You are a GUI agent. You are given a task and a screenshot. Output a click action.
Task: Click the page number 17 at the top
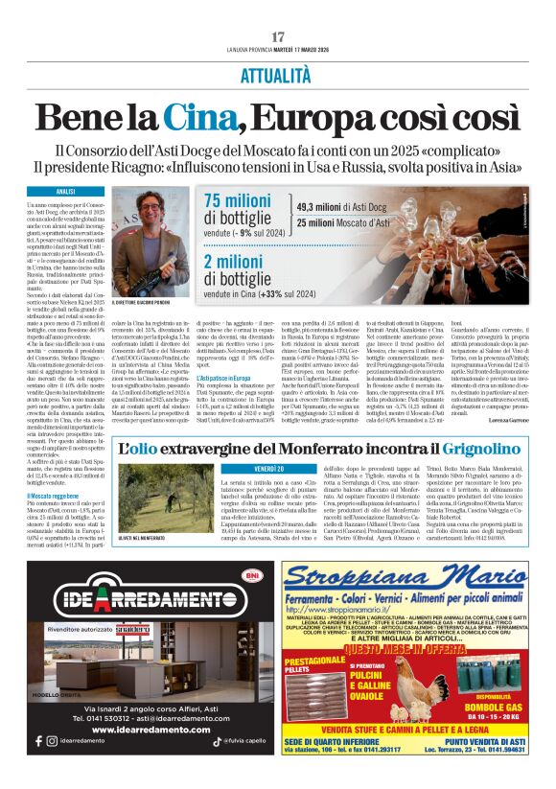click(x=278, y=36)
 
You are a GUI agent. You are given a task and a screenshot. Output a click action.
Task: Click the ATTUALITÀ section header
click(x=278, y=75)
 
